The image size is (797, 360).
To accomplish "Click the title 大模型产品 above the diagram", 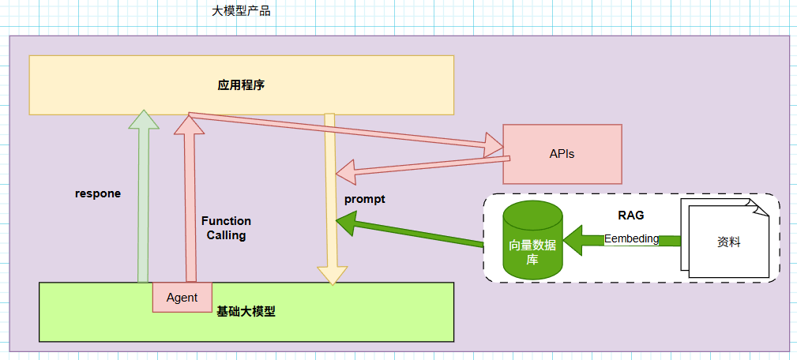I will pyautogui.click(x=241, y=12).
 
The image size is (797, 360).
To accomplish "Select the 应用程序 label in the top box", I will pyautogui.click(x=241, y=85).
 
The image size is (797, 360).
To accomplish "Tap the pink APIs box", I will pyautogui.click(x=562, y=154).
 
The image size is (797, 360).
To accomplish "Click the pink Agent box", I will pyautogui.click(x=182, y=298).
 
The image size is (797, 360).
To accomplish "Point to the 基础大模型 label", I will pyautogui.click(x=246, y=312).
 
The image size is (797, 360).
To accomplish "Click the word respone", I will pyautogui.click(x=98, y=193).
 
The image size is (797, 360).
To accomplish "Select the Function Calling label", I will pyautogui.click(x=226, y=228).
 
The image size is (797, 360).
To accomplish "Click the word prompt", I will pyautogui.click(x=364, y=199).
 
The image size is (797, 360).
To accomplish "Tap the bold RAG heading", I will pyautogui.click(x=631, y=215).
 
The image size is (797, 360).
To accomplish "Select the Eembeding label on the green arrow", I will pyautogui.click(x=631, y=239).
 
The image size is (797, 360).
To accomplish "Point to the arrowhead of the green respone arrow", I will pyautogui.click(x=143, y=119).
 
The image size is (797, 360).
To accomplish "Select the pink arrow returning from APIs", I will pyautogui.click(x=419, y=165).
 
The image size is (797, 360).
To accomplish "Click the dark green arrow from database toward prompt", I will pyautogui.click(x=411, y=234).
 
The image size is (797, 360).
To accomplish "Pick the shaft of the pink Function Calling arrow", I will pyautogui.click(x=190, y=205).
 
